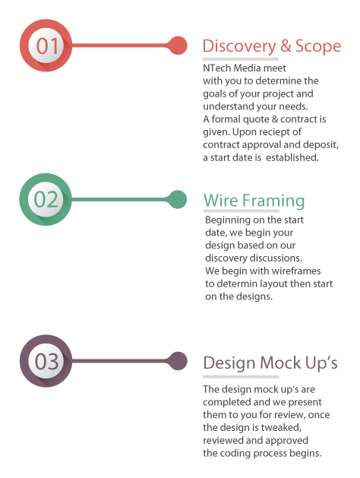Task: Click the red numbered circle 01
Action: point(46,46)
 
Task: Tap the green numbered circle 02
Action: point(46,199)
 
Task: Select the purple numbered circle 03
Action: point(46,361)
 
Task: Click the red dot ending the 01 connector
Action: point(178,46)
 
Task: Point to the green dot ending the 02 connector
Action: point(177,199)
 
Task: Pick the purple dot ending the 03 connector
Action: point(178,361)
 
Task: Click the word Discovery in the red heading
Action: point(239,46)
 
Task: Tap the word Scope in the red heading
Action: point(318,46)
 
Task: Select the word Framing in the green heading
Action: point(273,201)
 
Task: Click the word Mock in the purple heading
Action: point(280,362)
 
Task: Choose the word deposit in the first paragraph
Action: point(324,145)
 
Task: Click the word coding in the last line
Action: point(235,454)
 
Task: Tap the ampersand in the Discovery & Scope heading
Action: point(286,46)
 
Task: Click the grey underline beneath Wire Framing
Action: point(242,211)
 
